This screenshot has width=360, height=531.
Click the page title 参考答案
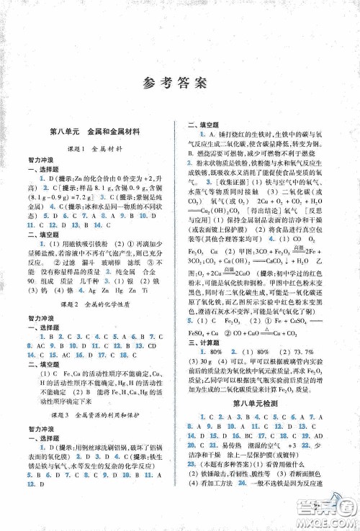pyautogui.click(x=180, y=81)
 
